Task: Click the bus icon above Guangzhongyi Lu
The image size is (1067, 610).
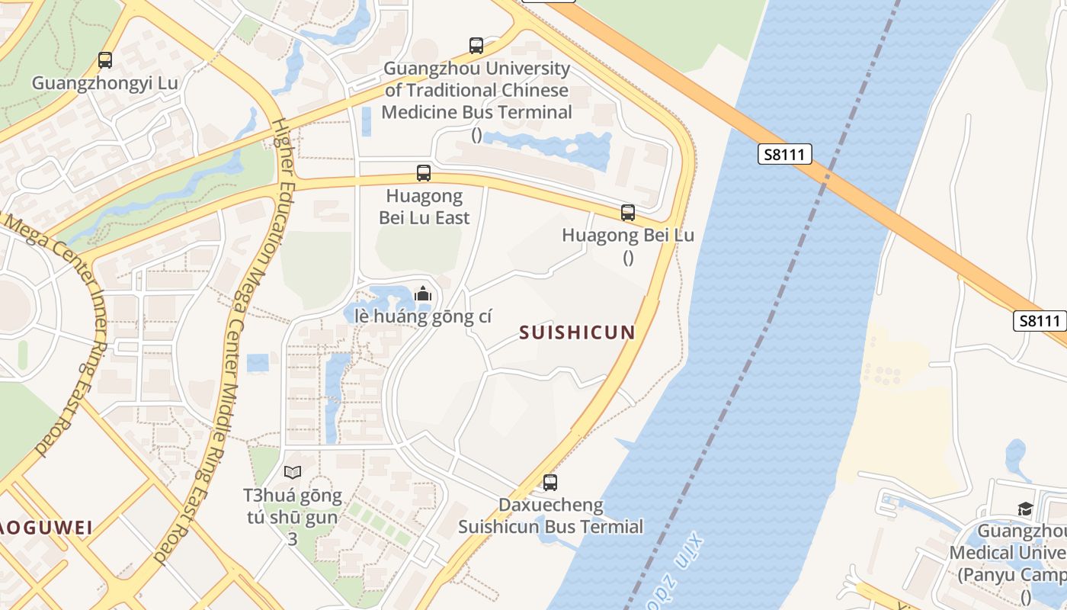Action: (x=105, y=59)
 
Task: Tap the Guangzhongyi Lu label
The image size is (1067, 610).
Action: (x=105, y=83)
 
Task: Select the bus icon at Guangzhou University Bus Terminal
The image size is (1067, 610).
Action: (x=476, y=46)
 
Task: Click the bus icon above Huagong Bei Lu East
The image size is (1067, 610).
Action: (x=424, y=173)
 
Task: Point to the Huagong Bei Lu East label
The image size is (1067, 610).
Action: (x=425, y=207)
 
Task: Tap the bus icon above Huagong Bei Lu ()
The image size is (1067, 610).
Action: (x=628, y=213)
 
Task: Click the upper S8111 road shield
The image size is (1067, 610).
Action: (x=785, y=155)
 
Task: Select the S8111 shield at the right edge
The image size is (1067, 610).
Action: (x=1039, y=321)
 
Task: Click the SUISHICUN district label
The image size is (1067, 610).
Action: (x=577, y=332)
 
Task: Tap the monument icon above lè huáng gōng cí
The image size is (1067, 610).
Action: (x=423, y=294)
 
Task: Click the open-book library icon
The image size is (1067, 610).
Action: (x=293, y=472)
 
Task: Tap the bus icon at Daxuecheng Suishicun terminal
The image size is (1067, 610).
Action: (x=550, y=482)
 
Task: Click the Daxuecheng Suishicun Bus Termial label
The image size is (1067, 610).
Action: (x=550, y=515)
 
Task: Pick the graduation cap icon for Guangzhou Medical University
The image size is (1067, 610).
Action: (x=1026, y=509)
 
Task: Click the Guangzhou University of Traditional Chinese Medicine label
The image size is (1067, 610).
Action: (x=476, y=90)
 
